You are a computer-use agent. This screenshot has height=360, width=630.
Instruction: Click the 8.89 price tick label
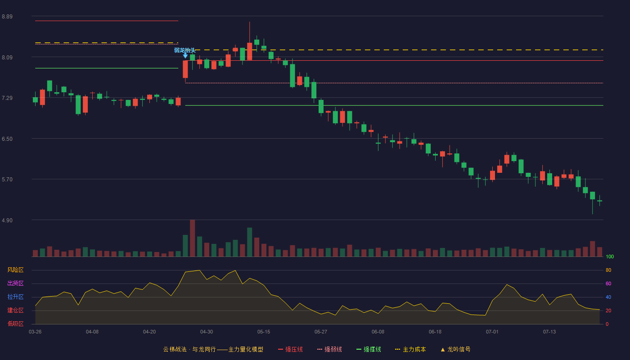tap(7, 17)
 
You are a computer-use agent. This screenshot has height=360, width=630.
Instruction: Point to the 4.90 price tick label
tap(7, 220)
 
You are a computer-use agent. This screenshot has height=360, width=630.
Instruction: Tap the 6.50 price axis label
tap(7, 139)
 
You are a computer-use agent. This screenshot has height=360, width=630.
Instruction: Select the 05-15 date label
tap(264, 332)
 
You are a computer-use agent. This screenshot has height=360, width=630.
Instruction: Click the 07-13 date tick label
tap(549, 332)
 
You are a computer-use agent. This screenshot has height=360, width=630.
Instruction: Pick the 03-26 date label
tap(35, 332)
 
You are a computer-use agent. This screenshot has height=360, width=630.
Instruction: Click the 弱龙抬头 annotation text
tap(185, 50)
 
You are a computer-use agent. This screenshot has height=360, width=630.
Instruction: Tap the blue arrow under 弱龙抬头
tap(185, 55)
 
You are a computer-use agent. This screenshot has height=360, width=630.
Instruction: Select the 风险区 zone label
tap(15, 270)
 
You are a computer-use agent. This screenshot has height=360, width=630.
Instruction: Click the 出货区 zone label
tap(15, 283)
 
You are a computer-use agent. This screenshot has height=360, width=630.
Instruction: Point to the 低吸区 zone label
tap(15, 324)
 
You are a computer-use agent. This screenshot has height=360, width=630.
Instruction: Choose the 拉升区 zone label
tap(15, 297)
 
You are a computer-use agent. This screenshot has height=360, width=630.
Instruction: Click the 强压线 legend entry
tap(290, 349)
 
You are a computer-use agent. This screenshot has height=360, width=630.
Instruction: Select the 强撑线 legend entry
tap(369, 349)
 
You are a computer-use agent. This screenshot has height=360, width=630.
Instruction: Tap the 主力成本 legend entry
tap(410, 349)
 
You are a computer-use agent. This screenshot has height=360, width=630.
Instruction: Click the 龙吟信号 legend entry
tap(455, 349)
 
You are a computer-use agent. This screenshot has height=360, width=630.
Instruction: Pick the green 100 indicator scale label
tap(610, 256)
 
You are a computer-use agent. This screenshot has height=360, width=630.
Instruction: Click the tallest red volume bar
tap(193, 238)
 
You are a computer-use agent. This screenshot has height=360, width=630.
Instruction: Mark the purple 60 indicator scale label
tap(608, 283)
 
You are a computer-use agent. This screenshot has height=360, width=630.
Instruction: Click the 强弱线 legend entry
tap(329, 349)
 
